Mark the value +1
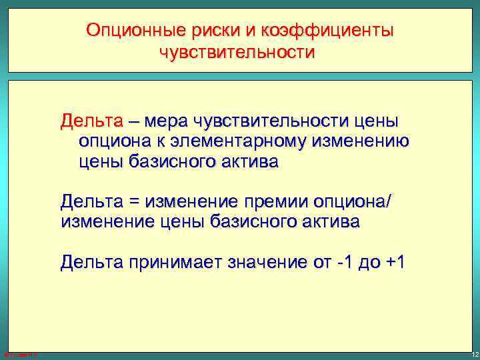(393, 262)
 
